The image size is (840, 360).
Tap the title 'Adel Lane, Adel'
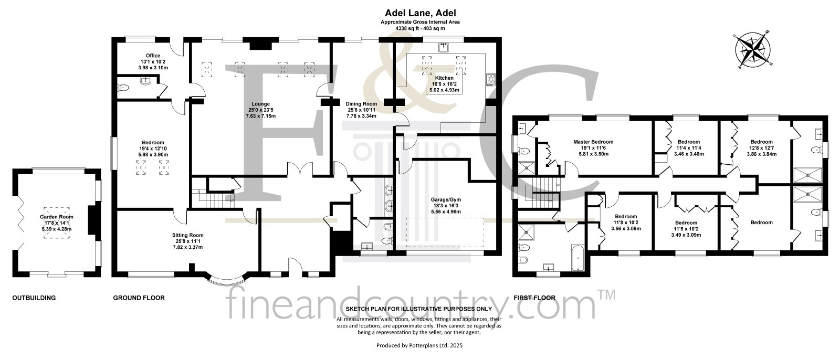pos(421,13)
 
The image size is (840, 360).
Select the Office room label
pos(153,56)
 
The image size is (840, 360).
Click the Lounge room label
pos(260,104)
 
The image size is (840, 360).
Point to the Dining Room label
pos(361,104)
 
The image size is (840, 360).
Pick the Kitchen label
pos(444,78)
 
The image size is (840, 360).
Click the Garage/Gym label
pos(446,199)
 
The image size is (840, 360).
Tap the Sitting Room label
pos(188,235)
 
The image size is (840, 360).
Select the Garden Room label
pos(57,217)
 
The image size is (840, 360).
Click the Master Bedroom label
pos(593,142)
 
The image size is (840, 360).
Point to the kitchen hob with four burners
pos(490,79)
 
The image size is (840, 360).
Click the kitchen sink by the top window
pos(444,47)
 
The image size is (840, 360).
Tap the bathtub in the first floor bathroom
pos(577,258)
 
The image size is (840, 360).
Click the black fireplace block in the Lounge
pos(260,45)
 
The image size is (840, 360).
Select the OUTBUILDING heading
pos(34,298)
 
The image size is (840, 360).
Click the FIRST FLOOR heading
pos(534,298)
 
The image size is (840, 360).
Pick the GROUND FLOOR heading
pos(139,298)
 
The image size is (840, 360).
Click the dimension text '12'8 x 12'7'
pos(762,148)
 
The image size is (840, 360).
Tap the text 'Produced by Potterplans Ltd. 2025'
pos(419,345)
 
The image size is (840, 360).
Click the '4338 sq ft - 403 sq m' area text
pos(420,28)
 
